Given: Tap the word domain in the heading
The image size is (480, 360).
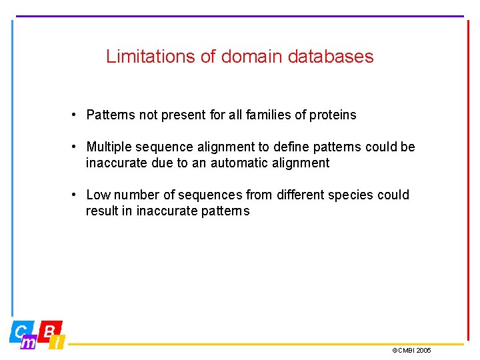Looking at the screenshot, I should click(252, 57).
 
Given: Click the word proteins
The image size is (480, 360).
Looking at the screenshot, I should click(331, 115).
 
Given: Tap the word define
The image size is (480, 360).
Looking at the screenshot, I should click(289, 147).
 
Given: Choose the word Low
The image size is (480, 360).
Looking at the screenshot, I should click(98, 195).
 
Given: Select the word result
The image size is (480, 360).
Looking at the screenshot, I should click(101, 211).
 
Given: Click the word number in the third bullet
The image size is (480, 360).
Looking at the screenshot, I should click(136, 195).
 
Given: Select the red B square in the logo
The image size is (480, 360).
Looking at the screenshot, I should click(50, 330).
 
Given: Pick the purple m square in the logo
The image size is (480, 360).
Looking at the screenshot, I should click(29, 343).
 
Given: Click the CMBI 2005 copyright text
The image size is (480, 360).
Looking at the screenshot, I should click(411, 350).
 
